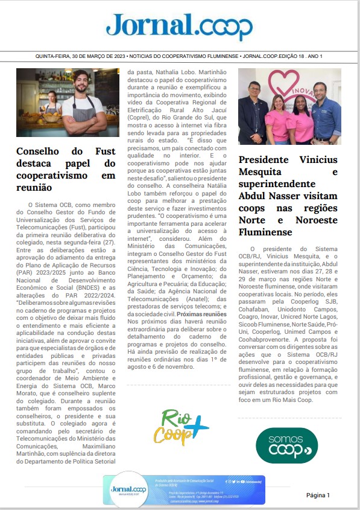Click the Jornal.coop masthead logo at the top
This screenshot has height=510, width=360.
[x=179, y=26]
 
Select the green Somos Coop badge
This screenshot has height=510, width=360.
[x=287, y=445]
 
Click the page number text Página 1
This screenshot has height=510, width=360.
[x=318, y=495]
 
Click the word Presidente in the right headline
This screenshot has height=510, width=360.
[x=267, y=160]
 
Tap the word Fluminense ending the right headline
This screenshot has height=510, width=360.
[x=266, y=232]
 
